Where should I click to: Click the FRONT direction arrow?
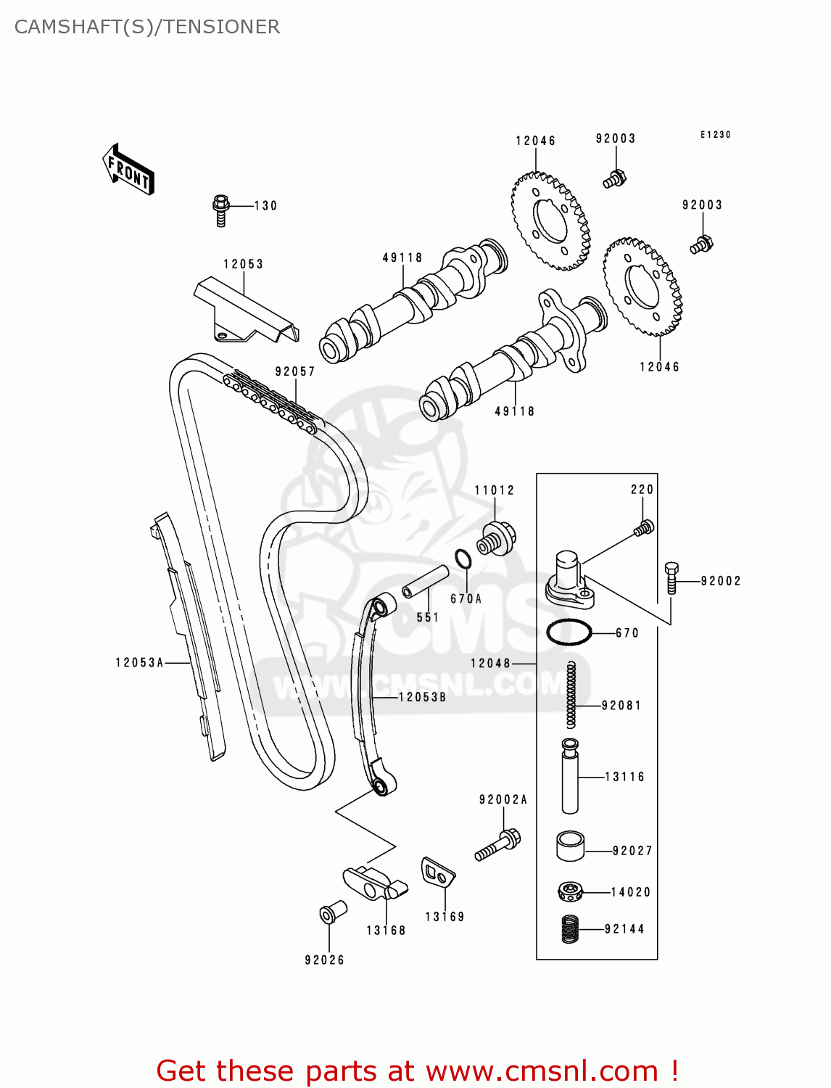128,170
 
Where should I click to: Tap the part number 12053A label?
140,662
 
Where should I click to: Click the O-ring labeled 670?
569,632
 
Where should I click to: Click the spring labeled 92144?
571,928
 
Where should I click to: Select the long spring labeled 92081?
571,694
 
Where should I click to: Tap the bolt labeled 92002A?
498,845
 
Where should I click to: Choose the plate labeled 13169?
437,873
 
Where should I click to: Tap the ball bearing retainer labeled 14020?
571,891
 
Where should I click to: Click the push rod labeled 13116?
570,775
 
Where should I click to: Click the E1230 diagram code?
715,134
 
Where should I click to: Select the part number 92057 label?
295,371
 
